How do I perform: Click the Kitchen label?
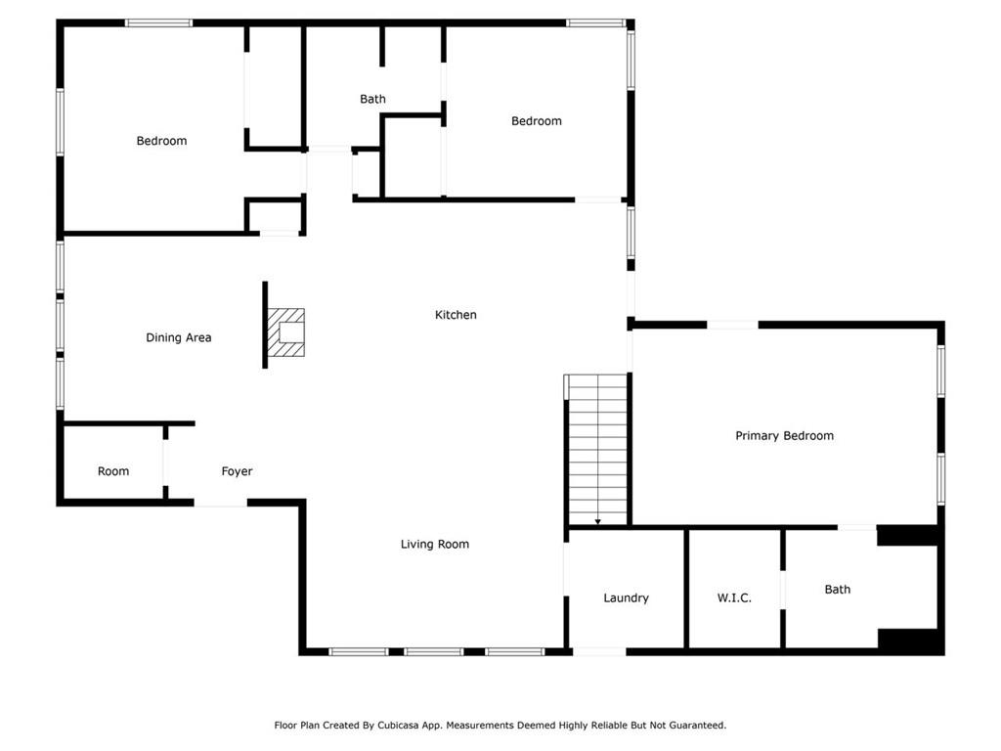click(x=456, y=315)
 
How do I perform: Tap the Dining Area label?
click(x=178, y=337)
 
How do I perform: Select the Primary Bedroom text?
click(x=784, y=435)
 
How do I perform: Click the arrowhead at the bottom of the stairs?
click(x=597, y=522)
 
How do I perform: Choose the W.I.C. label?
click(x=734, y=597)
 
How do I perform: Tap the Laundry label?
click(x=626, y=597)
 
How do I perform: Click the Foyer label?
click(x=237, y=471)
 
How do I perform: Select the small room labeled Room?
click(x=113, y=471)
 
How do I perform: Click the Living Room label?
click(x=435, y=544)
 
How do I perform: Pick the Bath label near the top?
click(x=372, y=99)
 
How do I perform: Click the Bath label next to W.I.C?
click(x=837, y=589)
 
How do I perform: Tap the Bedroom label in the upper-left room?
click(x=161, y=141)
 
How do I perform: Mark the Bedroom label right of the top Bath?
click(x=537, y=121)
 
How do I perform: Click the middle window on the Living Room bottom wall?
click(x=434, y=651)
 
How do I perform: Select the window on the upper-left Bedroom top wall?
click(x=158, y=22)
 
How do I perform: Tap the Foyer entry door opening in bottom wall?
click(x=220, y=504)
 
